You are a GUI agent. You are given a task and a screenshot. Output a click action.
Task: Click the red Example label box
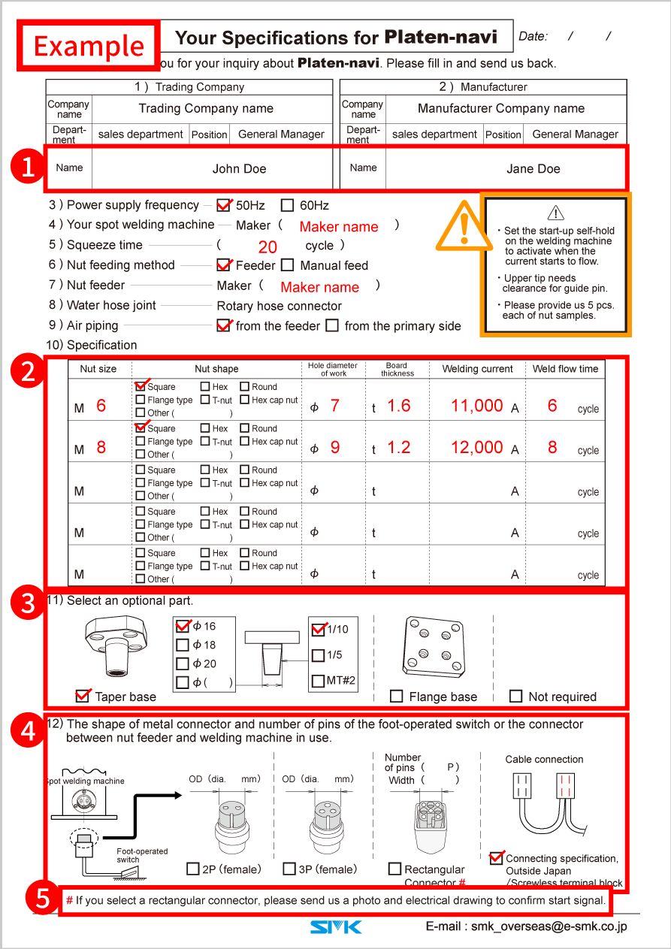pyautogui.click(x=89, y=46)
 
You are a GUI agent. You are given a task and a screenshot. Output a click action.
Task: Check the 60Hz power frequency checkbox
pyautogui.click(x=287, y=205)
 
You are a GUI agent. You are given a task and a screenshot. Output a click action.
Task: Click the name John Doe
pyautogui.click(x=239, y=169)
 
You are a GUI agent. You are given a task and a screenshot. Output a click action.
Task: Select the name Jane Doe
pyautogui.click(x=533, y=169)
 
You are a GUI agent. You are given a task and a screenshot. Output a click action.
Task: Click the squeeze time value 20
pyautogui.click(x=267, y=246)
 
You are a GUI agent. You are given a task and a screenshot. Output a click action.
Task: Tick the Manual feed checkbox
pyautogui.click(x=288, y=265)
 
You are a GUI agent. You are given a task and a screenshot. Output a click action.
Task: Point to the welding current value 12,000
pyautogui.click(x=476, y=448)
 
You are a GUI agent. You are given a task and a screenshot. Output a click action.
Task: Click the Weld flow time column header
pyautogui.click(x=565, y=369)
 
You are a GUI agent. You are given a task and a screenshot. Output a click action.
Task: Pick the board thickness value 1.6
pyautogui.click(x=398, y=406)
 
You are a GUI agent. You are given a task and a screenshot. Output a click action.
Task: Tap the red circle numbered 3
pyautogui.click(x=29, y=604)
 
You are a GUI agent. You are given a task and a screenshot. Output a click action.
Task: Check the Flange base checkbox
pyautogui.click(x=397, y=697)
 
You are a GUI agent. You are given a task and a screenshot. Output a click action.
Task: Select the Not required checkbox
pyautogui.click(x=515, y=697)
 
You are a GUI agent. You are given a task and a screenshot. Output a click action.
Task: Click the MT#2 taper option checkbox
pyautogui.click(x=318, y=682)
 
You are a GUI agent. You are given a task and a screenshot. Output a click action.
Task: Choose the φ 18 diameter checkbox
pyautogui.click(x=183, y=645)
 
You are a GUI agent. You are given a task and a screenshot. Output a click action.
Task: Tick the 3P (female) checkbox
pyautogui.click(x=289, y=869)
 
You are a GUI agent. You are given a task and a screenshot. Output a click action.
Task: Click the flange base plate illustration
pyautogui.click(x=434, y=644)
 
